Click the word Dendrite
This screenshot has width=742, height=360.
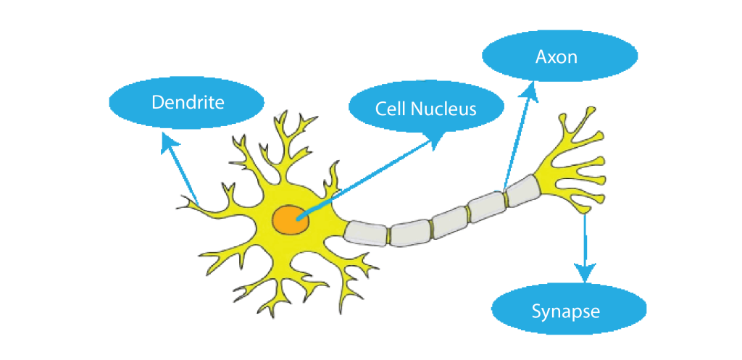pyautogui.click(x=188, y=102)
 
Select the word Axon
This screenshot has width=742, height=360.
pyautogui.click(x=556, y=56)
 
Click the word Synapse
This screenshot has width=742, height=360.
pyautogui.click(x=565, y=311)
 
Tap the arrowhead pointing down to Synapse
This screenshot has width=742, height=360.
pyautogui.click(x=585, y=273)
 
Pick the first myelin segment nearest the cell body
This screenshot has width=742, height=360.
pyautogui.click(x=367, y=233)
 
